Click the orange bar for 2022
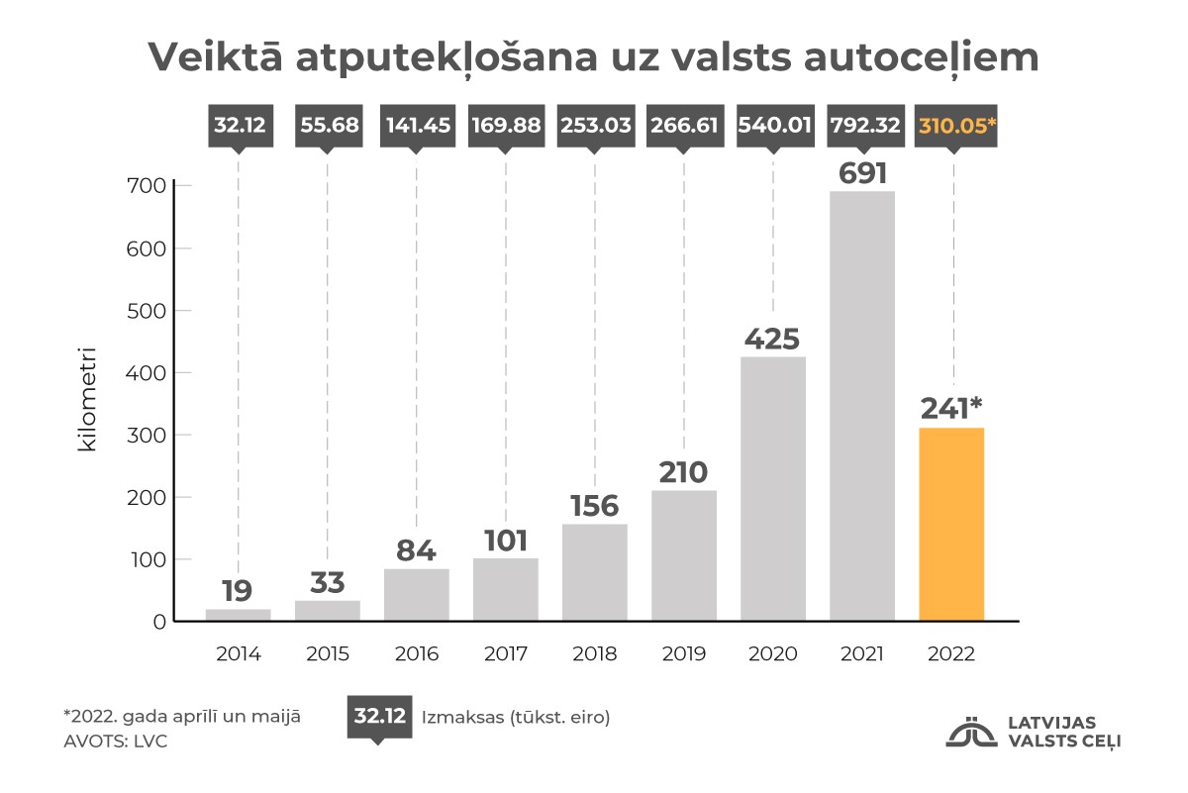[951, 525]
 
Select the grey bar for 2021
[862, 406]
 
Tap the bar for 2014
[238, 615]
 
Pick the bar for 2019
[684, 555]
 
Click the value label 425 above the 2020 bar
[772, 340]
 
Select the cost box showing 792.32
[862, 126]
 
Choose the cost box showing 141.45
[416, 126]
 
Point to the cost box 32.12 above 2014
[238, 126]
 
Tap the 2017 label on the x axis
[506, 654]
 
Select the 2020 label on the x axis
[772, 654]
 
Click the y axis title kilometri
[88, 398]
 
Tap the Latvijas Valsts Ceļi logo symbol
[971, 731]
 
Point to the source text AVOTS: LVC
[115, 741]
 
